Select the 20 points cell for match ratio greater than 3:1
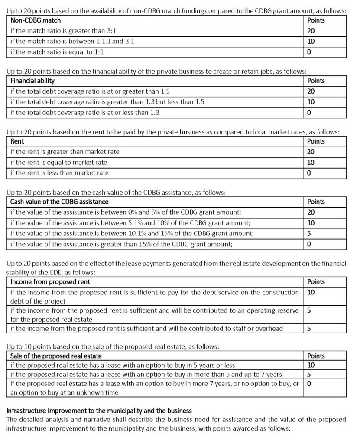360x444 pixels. [311, 31]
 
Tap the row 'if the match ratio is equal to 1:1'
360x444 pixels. [57, 52]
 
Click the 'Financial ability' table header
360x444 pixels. [32, 81]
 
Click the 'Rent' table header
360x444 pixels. [17, 141]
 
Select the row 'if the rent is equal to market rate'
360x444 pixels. [58, 162]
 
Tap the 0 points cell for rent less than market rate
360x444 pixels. [309, 173]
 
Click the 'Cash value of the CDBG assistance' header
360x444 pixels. [59, 202]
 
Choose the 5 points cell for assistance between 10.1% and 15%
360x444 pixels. [309, 233]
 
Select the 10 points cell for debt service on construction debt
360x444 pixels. [311, 292]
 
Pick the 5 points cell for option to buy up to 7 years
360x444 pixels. [309, 374]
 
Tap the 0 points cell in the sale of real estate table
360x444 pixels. [309, 383]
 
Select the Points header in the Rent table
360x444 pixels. [316, 141]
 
